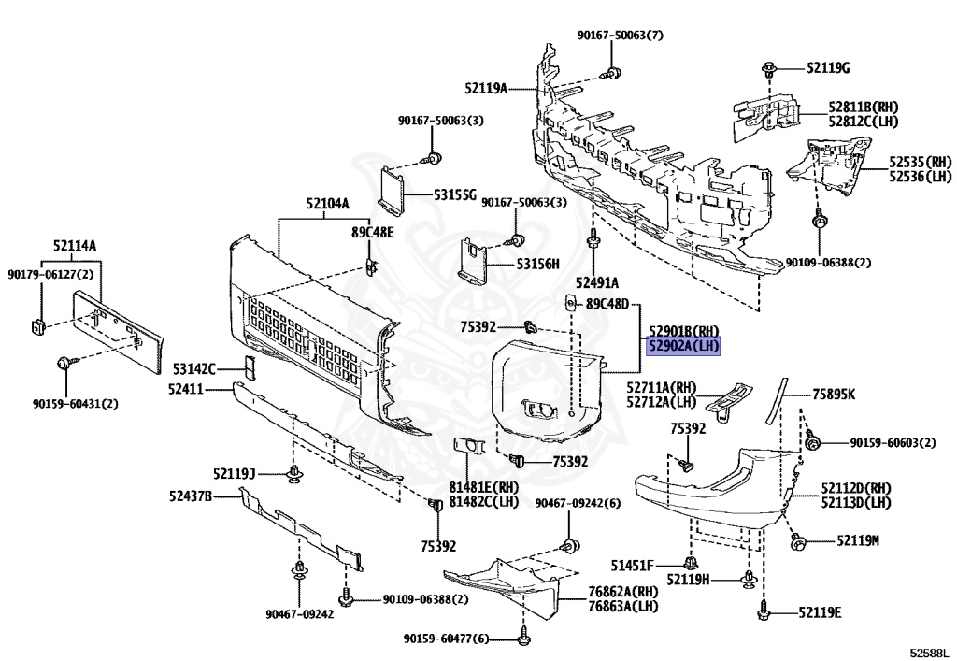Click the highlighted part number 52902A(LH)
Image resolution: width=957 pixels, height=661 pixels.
click(x=683, y=347)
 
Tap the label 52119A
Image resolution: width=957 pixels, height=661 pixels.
click(x=486, y=89)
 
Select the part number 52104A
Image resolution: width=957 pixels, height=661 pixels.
click(x=328, y=204)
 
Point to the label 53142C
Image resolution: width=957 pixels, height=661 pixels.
click(x=194, y=368)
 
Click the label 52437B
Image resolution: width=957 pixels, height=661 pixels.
click(x=191, y=496)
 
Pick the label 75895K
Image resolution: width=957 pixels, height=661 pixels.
click(x=833, y=395)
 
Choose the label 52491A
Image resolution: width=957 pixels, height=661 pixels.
click(x=597, y=282)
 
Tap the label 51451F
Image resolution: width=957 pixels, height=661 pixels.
click(x=633, y=566)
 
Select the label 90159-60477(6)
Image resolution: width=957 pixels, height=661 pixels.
click(x=446, y=639)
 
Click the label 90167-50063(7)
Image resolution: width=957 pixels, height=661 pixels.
click(x=621, y=36)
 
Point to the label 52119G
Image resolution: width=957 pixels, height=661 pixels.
click(x=828, y=67)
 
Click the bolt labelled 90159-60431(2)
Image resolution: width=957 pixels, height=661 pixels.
click(x=64, y=363)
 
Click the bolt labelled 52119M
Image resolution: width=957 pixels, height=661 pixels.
click(x=797, y=541)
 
